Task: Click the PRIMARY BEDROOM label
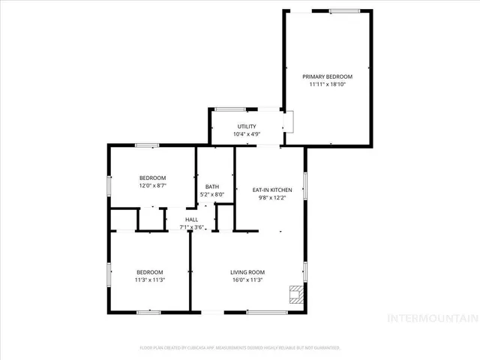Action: tap(327, 76)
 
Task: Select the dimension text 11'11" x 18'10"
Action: tap(327, 85)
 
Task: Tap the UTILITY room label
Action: tap(247, 126)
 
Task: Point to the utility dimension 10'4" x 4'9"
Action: tap(247, 134)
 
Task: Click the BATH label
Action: tap(211, 187)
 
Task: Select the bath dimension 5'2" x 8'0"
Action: tap(211, 195)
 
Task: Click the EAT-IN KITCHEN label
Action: tap(271, 190)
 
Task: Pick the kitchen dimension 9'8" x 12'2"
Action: tap(271, 198)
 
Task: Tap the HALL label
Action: tap(192, 219)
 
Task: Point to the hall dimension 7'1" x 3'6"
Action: tap(192, 227)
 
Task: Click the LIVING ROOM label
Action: tap(247, 272)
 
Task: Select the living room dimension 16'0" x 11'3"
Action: tap(247, 280)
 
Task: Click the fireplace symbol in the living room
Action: tap(298, 293)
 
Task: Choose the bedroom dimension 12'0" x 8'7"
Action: tap(152, 185)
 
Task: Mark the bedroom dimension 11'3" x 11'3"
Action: tap(150, 280)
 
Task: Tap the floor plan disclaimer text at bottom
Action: tap(240, 348)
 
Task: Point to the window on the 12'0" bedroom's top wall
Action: tap(146, 145)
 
